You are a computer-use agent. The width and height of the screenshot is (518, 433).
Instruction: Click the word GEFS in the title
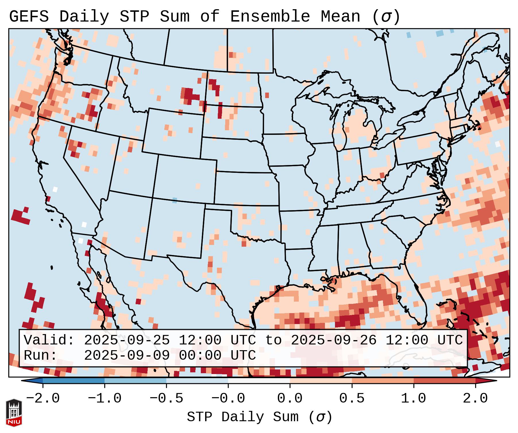tap(29, 17)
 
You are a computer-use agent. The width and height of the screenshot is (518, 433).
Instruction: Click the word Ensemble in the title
tap(270, 17)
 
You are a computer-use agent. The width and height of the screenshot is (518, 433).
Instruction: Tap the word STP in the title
tap(134, 17)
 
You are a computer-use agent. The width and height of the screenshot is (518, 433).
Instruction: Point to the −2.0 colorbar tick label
tap(43, 399)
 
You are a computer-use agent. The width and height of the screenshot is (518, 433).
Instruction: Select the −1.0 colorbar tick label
tap(105, 399)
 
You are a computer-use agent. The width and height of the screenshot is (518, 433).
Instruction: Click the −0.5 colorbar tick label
tap(166, 399)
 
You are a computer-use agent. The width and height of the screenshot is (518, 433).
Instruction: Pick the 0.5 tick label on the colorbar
tap(352, 399)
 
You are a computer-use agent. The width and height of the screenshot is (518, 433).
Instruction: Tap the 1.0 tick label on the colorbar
tap(414, 399)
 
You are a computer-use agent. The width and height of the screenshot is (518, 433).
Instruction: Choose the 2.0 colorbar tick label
tap(475, 399)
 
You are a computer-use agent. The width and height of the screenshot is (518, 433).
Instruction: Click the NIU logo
tap(14, 413)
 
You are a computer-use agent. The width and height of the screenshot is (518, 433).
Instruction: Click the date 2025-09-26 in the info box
tap(334, 340)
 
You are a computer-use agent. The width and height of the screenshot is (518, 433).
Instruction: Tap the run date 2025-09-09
tap(127, 356)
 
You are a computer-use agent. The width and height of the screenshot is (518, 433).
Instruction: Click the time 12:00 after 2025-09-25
tap(200, 340)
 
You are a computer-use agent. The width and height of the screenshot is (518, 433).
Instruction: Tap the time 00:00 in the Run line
tap(200, 356)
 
